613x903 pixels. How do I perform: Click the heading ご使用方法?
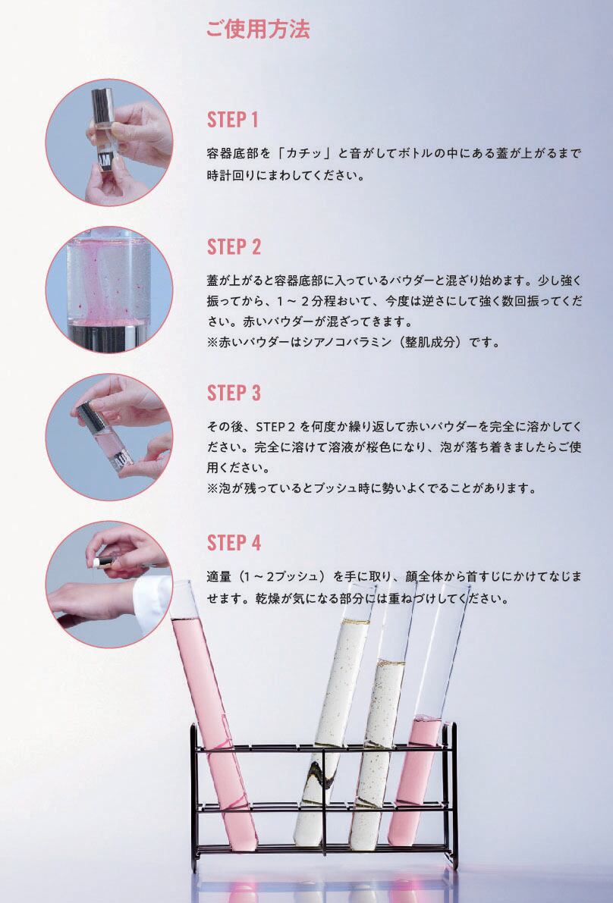click(x=258, y=30)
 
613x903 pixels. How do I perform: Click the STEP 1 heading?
click(x=233, y=120)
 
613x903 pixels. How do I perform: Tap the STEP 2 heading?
click(x=234, y=246)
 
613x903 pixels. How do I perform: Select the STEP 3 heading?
click(x=234, y=393)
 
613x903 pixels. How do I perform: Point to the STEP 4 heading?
click(x=234, y=543)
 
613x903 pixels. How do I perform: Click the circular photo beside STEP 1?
click(x=109, y=143)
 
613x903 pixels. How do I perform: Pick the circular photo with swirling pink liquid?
click(x=109, y=289)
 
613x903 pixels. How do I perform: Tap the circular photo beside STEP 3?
click(x=109, y=437)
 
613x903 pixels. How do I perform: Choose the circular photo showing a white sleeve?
click(x=109, y=585)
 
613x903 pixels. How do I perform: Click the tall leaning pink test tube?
click(x=213, y=714)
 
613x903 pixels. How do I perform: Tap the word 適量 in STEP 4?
click(x=219, y=576)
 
